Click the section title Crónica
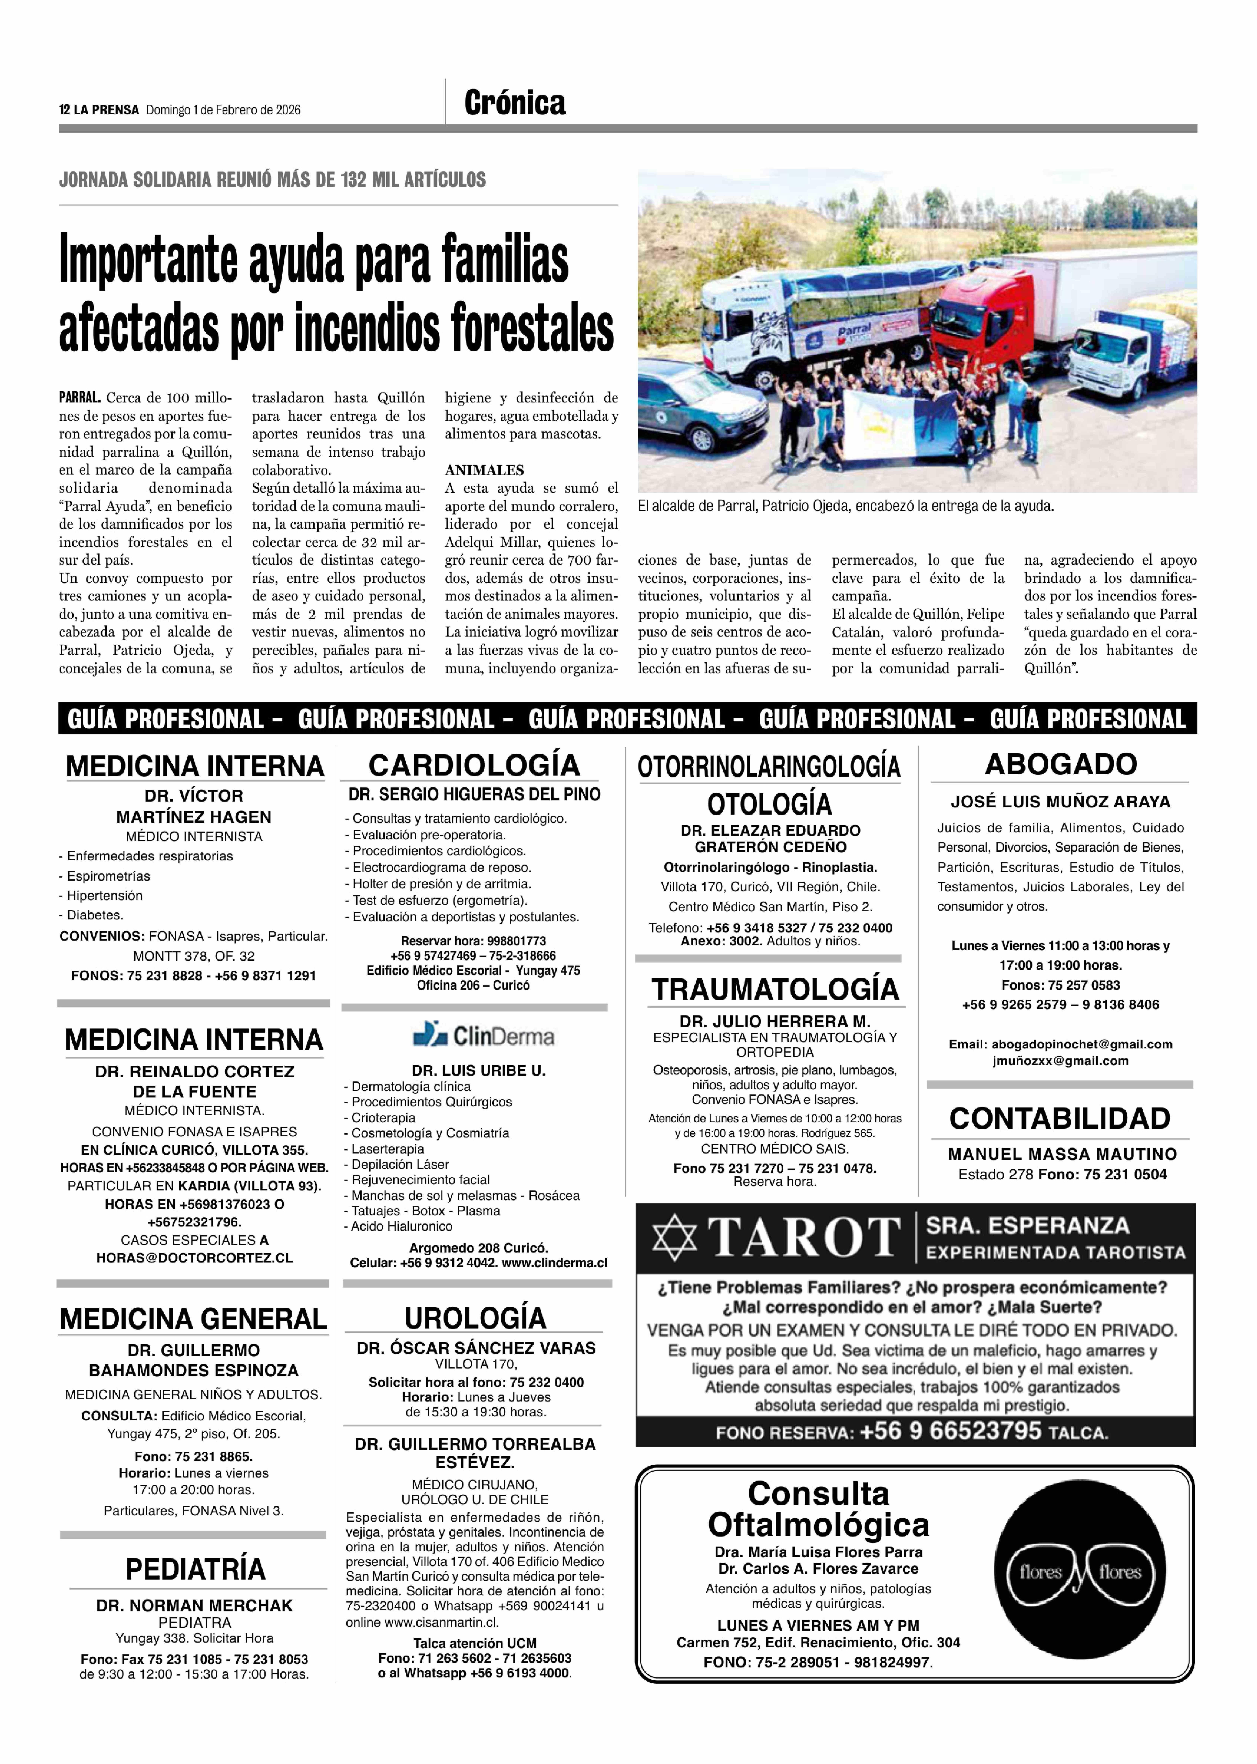515,103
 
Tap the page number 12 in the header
64,110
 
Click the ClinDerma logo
484,1035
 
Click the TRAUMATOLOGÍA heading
775,989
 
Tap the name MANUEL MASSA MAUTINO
1062,1154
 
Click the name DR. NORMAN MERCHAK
194,1606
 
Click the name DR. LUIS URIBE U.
478,1070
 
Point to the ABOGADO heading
1060,764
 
